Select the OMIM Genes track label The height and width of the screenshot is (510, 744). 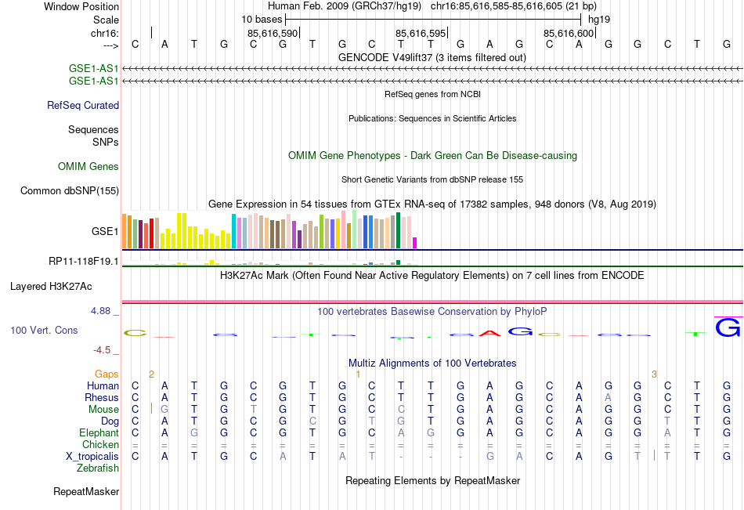pos(88,166)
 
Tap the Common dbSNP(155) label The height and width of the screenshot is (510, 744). pos(70,190)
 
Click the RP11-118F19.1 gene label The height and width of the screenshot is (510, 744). pos(84,261)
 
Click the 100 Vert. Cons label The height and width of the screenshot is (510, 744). pos(44,331)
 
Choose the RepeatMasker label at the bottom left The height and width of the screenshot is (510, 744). pos(86,491)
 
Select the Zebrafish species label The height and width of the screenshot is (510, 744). pos(98,468)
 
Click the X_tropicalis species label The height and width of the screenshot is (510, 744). pos(92,456)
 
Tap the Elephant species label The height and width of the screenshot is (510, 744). pos(99,432)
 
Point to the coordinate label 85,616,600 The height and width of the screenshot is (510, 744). pos(569,33)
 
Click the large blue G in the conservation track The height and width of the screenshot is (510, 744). pos(728,327)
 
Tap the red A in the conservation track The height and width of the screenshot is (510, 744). pos(490,333)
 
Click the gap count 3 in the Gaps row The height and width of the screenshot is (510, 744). pos(654,374)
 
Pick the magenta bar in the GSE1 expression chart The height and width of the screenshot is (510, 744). pos(415,242)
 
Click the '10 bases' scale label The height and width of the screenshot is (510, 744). pos(258,18)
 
